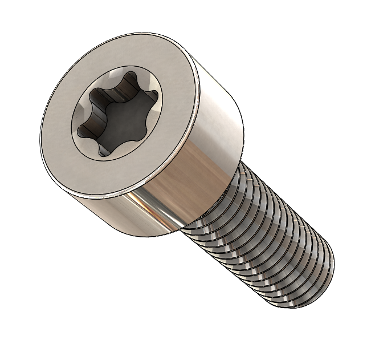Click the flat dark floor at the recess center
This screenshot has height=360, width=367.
pos(117,119)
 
